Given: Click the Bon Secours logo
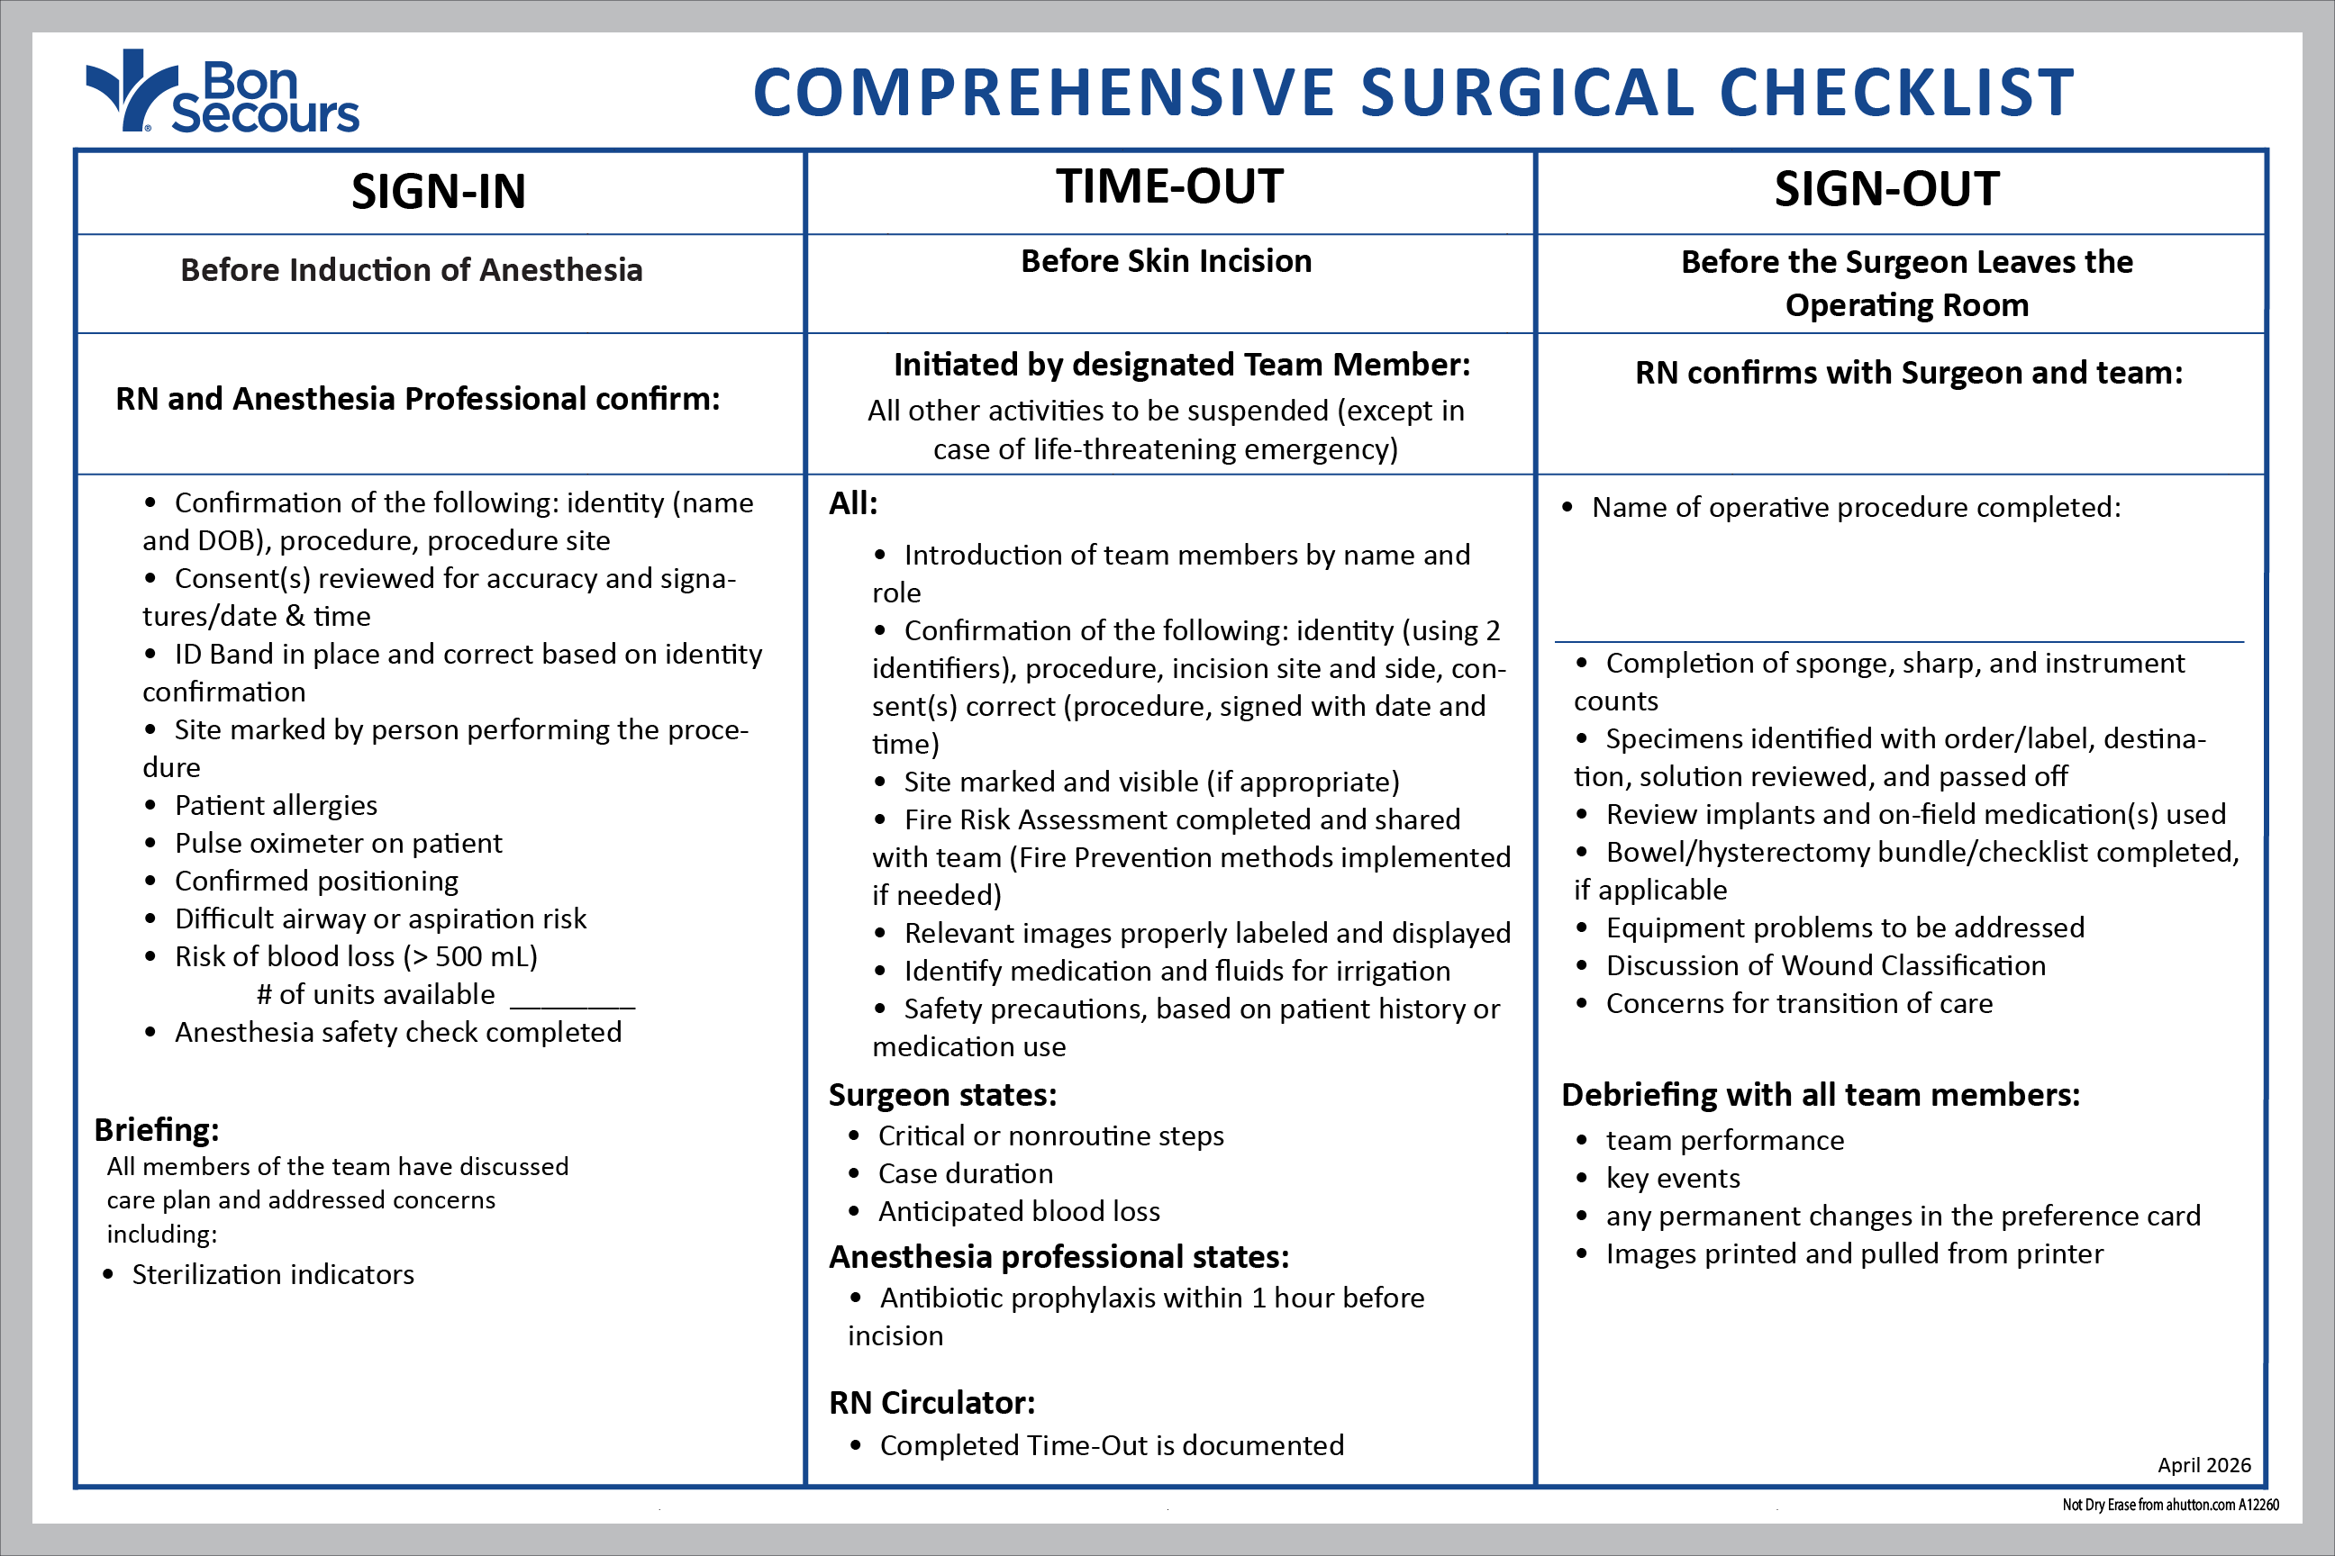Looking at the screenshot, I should pos(223,92).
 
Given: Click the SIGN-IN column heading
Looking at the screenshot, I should pos(438,192).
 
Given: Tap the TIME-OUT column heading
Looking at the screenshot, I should pos(1169,186).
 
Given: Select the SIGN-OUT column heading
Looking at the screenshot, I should pos(1886,189).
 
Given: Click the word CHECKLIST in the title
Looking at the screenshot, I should pos(1896,92).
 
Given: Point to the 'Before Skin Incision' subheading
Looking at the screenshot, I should pos(1166,261).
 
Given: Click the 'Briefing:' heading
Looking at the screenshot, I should pos(157,1129).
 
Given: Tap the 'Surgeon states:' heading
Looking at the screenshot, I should pos(942,1095).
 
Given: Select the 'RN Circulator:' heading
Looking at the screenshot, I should pos(931,1402).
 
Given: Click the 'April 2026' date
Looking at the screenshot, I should pos(2204,1465).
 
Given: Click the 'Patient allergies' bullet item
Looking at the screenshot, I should pos(275,805).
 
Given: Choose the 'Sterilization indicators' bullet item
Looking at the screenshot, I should pos(273,1274).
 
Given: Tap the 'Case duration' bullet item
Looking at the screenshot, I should pos(965,1173).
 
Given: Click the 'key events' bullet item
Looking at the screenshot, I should pos(1673,1178).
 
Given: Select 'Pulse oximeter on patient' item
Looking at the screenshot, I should pos(338,843).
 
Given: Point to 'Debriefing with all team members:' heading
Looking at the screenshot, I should pos(1820,1095).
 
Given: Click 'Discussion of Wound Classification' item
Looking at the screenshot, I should pos(1826,965).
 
